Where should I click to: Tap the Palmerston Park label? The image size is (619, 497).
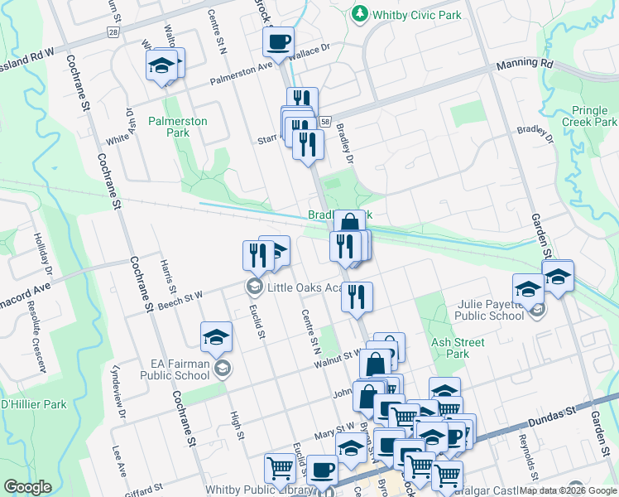click(x=178, y=127)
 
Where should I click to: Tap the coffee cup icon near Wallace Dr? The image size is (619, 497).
click(x=279, y=41)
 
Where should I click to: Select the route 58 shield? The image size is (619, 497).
click(x=325, y=121)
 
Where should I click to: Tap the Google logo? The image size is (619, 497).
click(x=27, y=487)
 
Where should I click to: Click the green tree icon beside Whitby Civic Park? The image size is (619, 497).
click(x=360, y=13)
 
